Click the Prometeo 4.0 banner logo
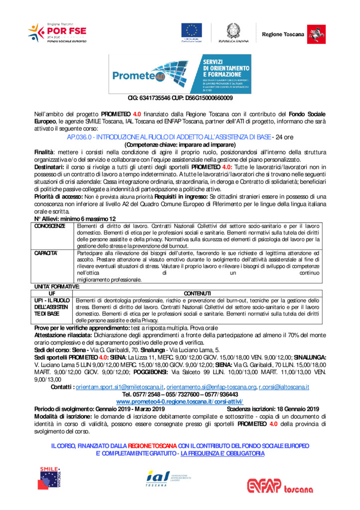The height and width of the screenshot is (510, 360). pyautogui.click(x=180, y=74)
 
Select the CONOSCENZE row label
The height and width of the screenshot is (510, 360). pyautogui.click(x=50, y=226)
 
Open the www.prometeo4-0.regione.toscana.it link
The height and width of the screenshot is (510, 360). pyautogui.click(x=180, y=401)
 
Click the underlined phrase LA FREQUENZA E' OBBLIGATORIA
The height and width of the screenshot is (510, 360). pyautogui.click(x=223, y=453)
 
